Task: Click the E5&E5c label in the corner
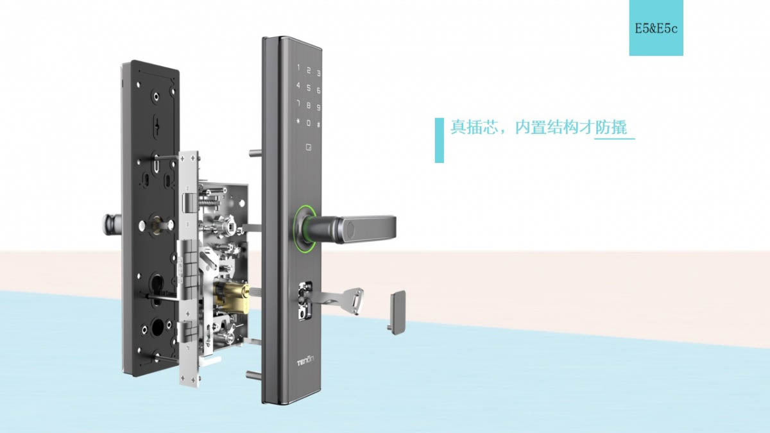pos(656,28)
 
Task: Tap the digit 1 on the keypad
pos(298,68)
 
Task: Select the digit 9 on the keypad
pos(319,108)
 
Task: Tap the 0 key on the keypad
pos(309,123)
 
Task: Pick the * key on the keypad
pos(298,121)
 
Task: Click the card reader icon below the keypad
pos(309,148)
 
